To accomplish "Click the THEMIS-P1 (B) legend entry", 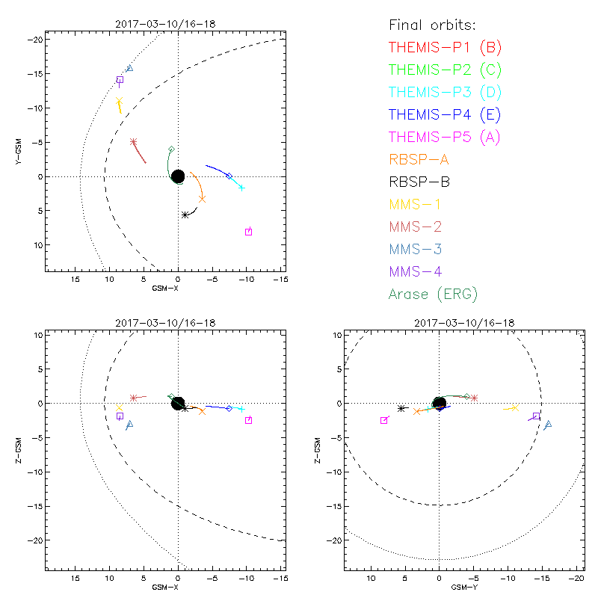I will tap(445, 47).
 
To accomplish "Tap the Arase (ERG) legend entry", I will tap(433, 294).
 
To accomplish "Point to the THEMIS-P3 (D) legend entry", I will tap(445, 92).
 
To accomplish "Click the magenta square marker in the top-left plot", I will tap(248, 232).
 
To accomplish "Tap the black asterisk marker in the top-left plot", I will tap(185, 215).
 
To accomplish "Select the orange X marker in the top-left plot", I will tap(202, 199).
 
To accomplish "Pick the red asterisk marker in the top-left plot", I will tap(133, 141).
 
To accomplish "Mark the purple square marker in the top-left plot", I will tap(120, 80).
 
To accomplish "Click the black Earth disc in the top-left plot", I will tap(178, 176).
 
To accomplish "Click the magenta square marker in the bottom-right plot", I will tap(384, 420).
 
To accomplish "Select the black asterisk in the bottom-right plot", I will tap(401, 408).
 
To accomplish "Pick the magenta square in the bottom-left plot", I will tap(248, 420).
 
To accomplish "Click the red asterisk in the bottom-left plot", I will tap(133, 398).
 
